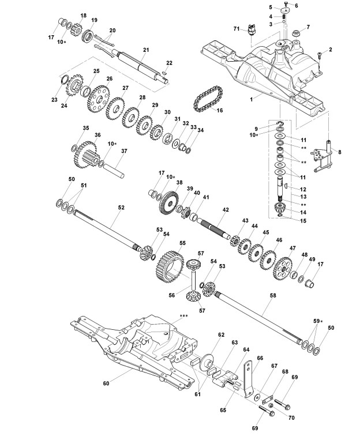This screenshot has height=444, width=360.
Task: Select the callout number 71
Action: tap(237, 29)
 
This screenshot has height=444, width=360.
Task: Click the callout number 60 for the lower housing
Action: tap(106, 383)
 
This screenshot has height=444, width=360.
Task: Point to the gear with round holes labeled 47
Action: tap(283, 268)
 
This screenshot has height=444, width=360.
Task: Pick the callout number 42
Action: tap(226, 210)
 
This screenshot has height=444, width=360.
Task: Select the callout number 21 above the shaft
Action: tap(146, 50)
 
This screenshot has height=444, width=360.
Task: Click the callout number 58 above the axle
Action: tap(272, 295)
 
